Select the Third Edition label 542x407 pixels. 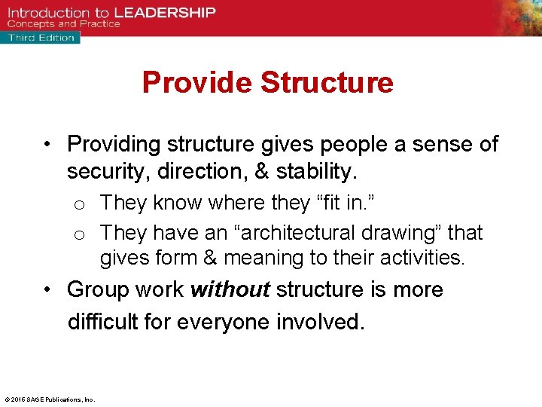pos(41,37)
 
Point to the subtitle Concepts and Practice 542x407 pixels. pos(63,24)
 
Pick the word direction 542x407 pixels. pos(199,172)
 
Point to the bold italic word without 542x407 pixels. pos(231,289)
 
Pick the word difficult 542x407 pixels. pos(105,322)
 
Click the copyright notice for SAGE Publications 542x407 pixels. pos(50,399)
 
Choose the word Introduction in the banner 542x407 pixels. pos(47,12)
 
